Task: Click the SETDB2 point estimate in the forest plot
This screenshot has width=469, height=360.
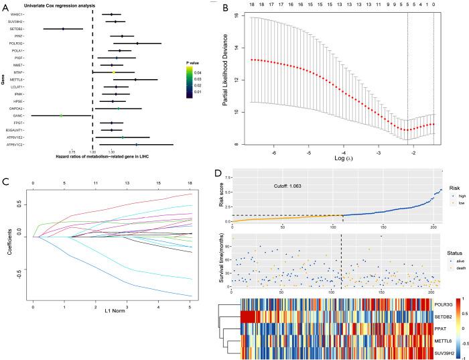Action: (x=63, y=29)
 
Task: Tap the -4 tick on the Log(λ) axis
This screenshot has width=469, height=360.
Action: (x=343, y=153)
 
